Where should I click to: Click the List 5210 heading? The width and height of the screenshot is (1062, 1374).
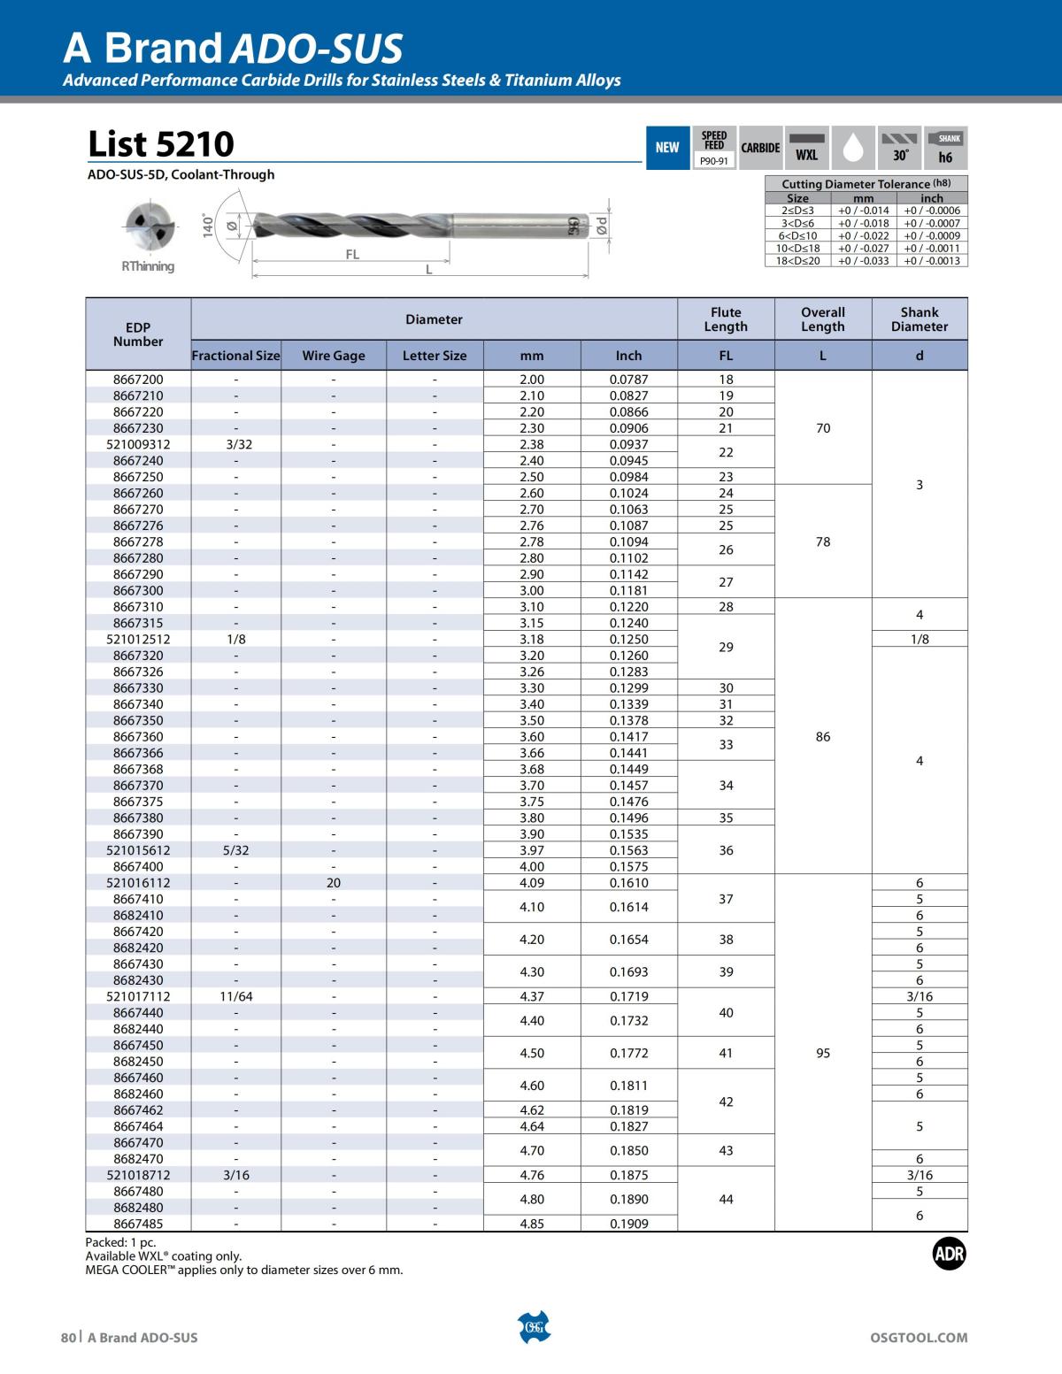pyautogui.click(x=161, y=143)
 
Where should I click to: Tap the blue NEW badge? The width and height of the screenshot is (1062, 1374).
pyautogui.click(x=667, y=148)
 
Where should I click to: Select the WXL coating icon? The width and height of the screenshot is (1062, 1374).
pyautogui.click(x=806, y=148)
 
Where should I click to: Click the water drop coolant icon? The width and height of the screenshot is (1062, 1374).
pyautogui.click(x=853, y=148)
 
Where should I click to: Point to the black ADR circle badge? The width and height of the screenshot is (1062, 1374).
pyautogui.click(x=950, y=1253)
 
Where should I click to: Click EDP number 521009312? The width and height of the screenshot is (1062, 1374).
pyautogui.click(x=138, y=444)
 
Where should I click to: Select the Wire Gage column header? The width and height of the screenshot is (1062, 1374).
pyautogui.click(x=334, y=356)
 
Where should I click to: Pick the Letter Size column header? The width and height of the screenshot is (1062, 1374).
pyautogui.click(x=435, y=356)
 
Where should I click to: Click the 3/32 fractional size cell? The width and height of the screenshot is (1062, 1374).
pyautogui.click(x=236, y=444)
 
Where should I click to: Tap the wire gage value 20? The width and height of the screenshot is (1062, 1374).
pyautogui.click(x=334, y=883)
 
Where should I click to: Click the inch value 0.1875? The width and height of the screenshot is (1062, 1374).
pyautogui.click(x=628, y=1175)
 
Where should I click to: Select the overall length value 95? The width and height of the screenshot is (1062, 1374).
pyautogui.click(x=823, y=1053)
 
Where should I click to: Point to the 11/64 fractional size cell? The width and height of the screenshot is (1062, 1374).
pyautogui.click(x=236, y=996)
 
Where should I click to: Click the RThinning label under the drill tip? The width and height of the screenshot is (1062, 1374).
pyautogui.click(x=148, y=266)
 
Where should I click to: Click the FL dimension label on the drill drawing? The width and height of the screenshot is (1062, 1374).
pyautogui.click(x=352, y=254)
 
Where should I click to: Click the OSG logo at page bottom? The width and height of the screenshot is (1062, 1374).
pyautogui.click(x=533, y=1327)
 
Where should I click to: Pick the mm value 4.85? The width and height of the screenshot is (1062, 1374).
pyautogui.click(x=532, y=1224)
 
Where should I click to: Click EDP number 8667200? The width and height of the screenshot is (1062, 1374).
pyautogui.click(x=138, y=380)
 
